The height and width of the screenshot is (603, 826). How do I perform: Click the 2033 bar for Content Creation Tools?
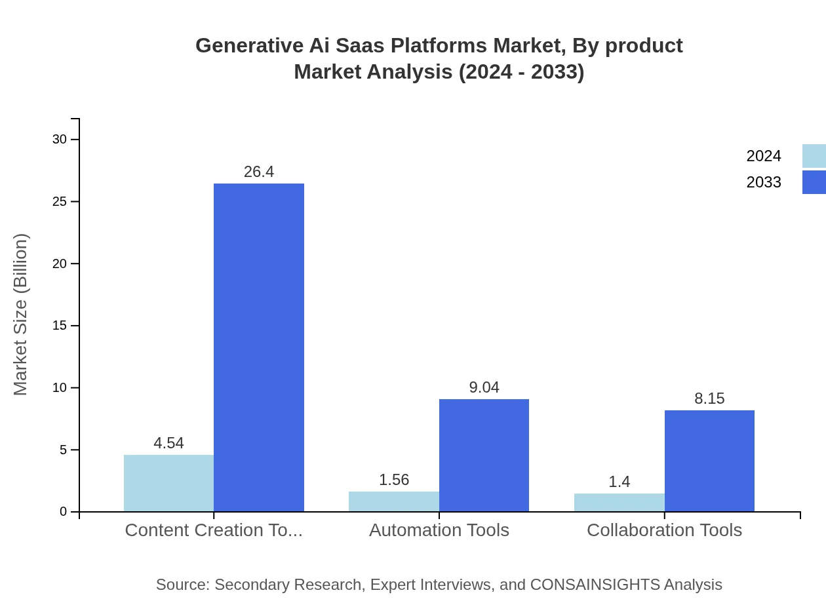click(x=259, y=347)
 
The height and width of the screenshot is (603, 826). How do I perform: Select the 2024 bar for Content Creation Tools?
click(x=168, y=483)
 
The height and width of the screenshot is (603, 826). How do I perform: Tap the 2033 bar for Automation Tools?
click(x=484, y=455)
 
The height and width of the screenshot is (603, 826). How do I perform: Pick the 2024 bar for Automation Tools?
click(x=394, y=501)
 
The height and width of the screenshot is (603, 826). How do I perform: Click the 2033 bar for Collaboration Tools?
click(x=709, y=461)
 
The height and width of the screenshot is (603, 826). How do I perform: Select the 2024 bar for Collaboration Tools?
click(x=619, y=503)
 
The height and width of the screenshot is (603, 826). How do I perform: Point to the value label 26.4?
click(x=259, y=172)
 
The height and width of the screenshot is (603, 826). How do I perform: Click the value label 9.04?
click(x=484, y=387)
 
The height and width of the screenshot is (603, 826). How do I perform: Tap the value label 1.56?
click(x=394, y=480)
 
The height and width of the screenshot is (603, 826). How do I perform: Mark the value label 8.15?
click(x=709, y=399)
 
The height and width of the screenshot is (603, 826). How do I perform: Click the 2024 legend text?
click(x=763, y=156)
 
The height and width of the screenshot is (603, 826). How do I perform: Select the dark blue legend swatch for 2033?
click(x=814, y=182)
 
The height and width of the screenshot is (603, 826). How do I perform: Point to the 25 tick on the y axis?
click(x=60, y=201)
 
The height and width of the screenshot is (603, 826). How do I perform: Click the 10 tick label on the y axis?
click(x=60, y=387)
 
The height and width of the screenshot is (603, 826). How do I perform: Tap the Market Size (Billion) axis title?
click(x=21, y=315)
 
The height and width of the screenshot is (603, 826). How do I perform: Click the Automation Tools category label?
click(x=439, y=530)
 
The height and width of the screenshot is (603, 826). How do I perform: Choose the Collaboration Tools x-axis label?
click(x=664, y=530)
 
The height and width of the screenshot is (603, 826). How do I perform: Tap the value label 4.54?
click(x=168, y=443)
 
